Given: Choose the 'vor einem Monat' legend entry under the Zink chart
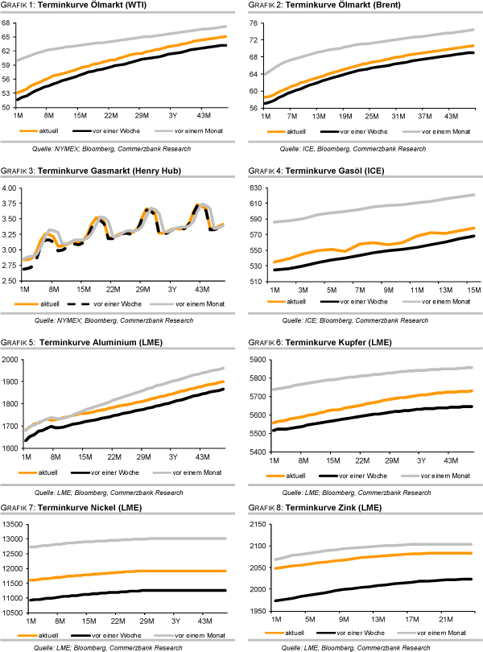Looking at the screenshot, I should (x=447, y=633).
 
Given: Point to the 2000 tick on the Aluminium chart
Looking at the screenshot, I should (x=10, y=359).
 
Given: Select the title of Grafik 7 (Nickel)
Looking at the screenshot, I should (x=80, y=507).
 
